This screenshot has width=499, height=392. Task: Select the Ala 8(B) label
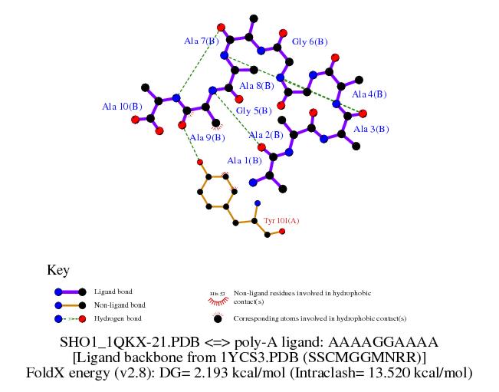[257, 86]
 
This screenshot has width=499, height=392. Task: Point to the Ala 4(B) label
[369, 94]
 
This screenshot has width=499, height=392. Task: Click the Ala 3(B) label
[371, 129]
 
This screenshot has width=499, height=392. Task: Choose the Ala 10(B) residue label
[122, 107]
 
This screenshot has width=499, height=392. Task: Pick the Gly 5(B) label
[254, 111]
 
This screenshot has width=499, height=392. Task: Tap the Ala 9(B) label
[207, 137]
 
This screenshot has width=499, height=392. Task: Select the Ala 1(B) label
[244, 160]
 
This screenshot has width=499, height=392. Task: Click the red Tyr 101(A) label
[281, 221]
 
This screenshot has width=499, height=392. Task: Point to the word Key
[58, 270]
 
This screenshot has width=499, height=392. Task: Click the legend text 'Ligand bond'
[113, 292]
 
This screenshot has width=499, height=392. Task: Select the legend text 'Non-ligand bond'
[119, 305]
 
